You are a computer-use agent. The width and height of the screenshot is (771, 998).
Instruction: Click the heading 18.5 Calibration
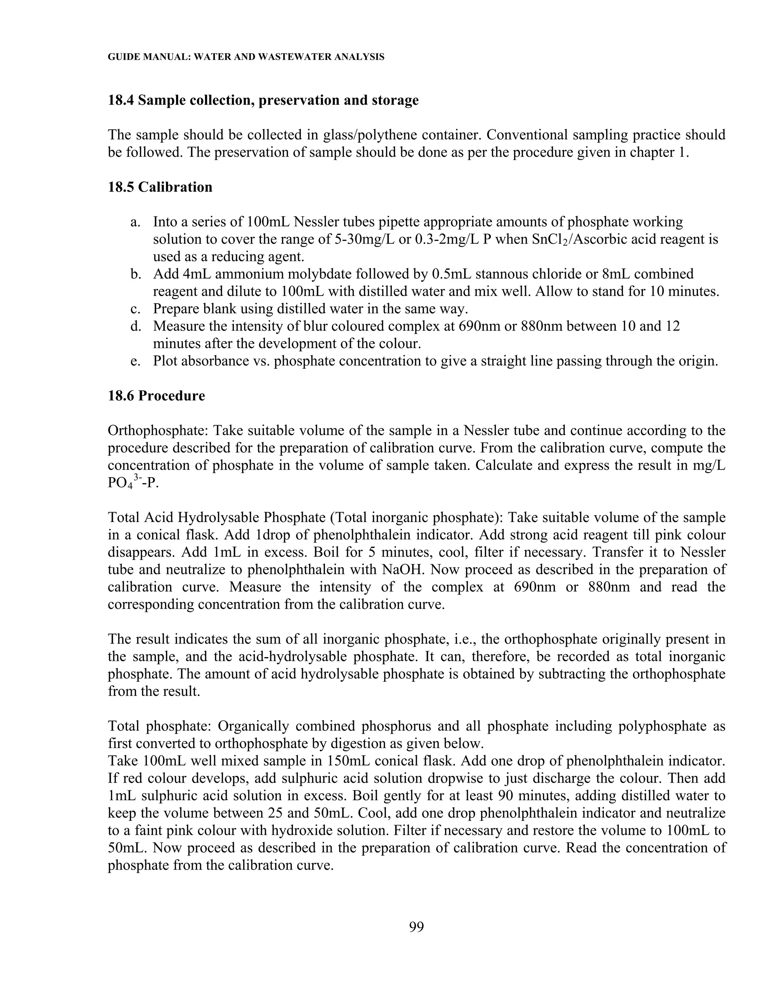[x=160, y=187]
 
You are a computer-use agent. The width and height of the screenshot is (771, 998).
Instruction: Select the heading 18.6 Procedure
[x=156, y=396]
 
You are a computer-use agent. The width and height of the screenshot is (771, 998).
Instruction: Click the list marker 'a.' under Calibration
[x=135, y=222]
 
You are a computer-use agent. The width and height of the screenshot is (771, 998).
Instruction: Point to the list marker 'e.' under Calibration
[x=135, y=362]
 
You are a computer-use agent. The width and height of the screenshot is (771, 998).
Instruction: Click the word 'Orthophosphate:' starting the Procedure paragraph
[x=158, y=431]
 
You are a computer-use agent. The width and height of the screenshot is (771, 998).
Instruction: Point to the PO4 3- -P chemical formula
[x=133, y=483]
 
